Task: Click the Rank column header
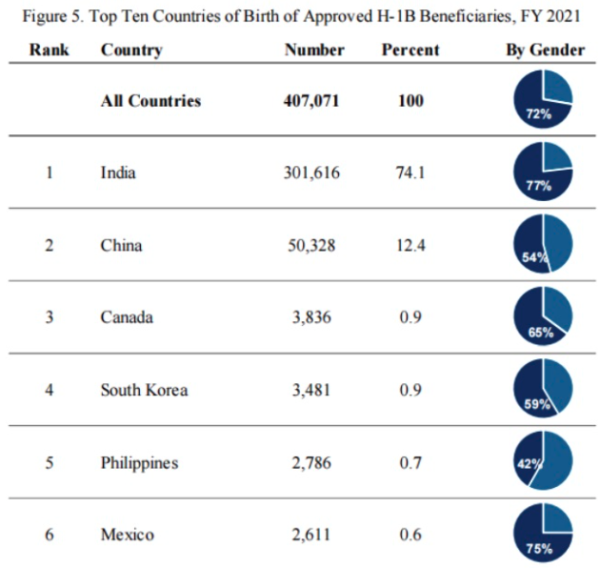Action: (49, 50)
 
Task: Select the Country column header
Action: (131, 50)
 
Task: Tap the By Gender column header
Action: (545, 50)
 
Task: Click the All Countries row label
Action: (150, 100)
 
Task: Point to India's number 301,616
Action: (311, 172)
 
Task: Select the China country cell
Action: (121, 245)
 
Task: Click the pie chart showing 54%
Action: (543, 244)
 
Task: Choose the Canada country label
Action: (127, 317)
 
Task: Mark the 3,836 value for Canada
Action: (311, 317)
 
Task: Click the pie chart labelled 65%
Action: (543, 316)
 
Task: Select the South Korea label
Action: (144, 389)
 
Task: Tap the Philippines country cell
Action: (139, 463)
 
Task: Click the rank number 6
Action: (49, 535)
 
